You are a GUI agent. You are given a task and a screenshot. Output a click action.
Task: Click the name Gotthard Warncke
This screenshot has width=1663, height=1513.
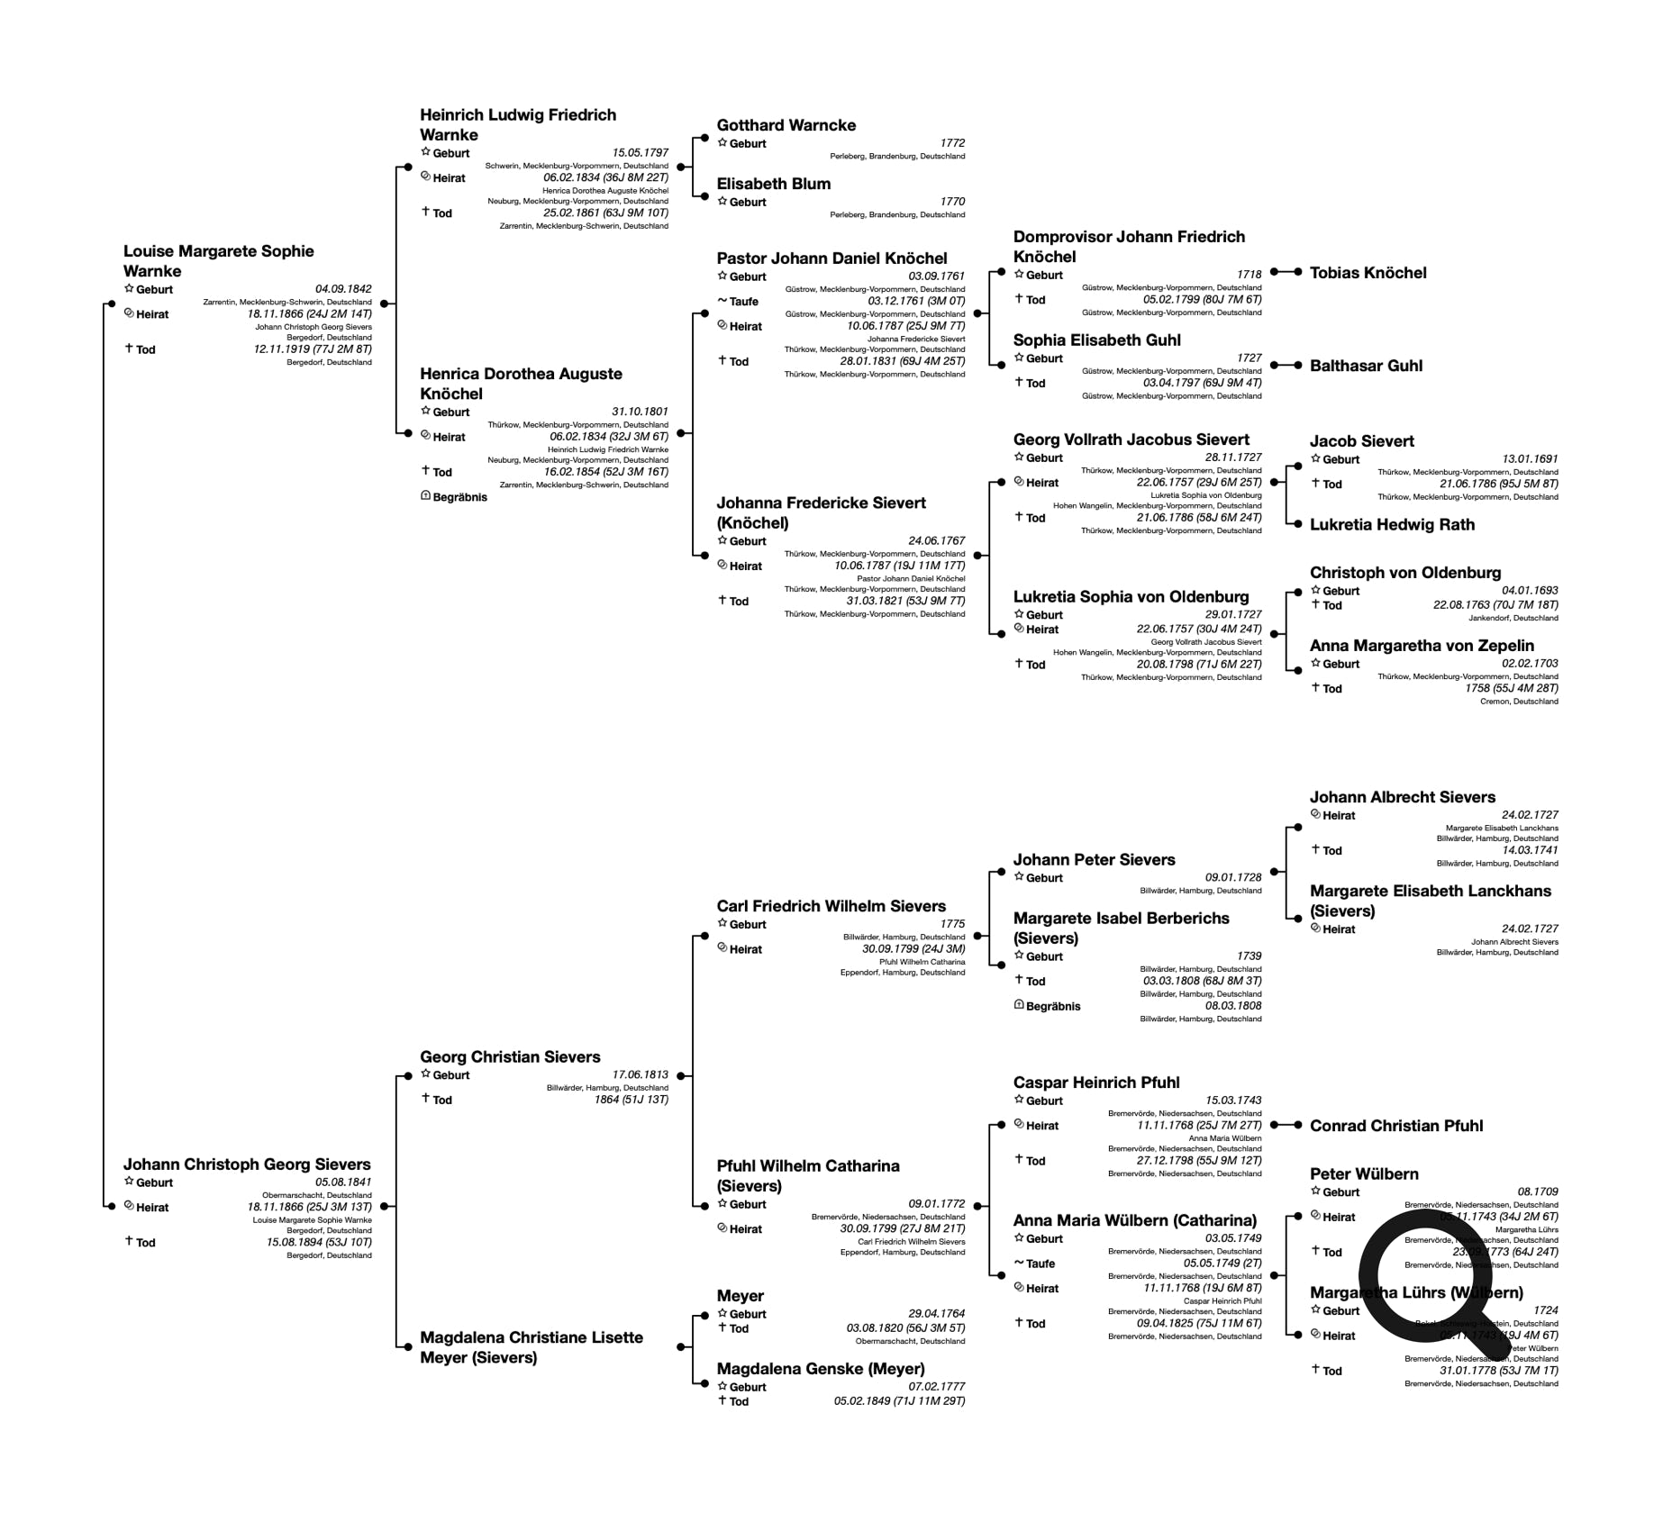click(786, 125)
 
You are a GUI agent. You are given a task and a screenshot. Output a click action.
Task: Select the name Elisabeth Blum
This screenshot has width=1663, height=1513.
click(773, 184)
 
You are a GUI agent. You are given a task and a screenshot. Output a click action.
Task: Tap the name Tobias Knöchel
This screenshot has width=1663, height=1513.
click(1368, 273)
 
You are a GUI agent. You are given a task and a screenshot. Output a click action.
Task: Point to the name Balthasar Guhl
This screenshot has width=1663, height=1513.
click(1366, 366)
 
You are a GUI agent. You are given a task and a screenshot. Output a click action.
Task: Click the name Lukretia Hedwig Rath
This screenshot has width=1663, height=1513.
click(1392, 525)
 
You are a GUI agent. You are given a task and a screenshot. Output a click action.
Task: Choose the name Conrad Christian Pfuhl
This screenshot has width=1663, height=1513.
click(1395, 1126)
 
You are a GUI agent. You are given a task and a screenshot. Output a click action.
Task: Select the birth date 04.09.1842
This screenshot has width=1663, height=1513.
click(343, 289)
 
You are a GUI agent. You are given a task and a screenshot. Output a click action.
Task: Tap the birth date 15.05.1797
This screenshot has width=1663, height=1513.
click(641, 153)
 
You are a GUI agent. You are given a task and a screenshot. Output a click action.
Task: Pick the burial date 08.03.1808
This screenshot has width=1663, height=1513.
click(1233, 1006)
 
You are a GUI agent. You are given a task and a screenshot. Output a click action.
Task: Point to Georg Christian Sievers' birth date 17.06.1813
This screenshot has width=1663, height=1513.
click(641, 1074)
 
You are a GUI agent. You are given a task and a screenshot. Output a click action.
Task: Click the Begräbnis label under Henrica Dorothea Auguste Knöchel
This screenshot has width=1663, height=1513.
click(459, 497)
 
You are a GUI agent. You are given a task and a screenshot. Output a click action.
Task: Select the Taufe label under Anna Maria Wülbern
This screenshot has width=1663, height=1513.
click(1040, 1264)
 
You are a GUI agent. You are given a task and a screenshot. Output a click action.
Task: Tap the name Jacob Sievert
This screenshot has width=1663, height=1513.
click(1361, 441)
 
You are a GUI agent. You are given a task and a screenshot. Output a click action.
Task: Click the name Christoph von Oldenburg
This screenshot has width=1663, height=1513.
click(1404, 573)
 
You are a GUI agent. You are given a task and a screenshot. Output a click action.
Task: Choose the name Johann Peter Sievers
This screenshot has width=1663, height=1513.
click(1094, 860)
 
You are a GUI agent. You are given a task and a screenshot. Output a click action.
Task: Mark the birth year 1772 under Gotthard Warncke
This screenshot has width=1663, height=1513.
click(952, 143)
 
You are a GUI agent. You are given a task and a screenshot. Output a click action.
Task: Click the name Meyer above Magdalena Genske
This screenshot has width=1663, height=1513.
click(740, 1296)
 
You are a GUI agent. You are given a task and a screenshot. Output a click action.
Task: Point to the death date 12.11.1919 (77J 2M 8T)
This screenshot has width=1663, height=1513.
click(313, 349)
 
